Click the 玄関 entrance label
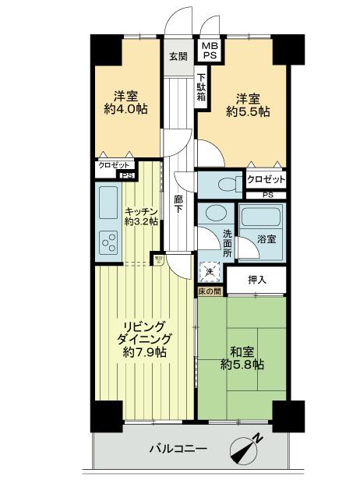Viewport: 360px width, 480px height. point(178,56)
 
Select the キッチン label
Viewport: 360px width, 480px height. point(141,211)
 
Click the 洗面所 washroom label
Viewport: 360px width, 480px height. point(227,242)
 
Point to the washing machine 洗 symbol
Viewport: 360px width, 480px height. point(209,272)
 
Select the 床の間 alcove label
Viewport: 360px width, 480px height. point(210,291)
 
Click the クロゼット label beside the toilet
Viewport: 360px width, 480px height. point(266,179)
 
